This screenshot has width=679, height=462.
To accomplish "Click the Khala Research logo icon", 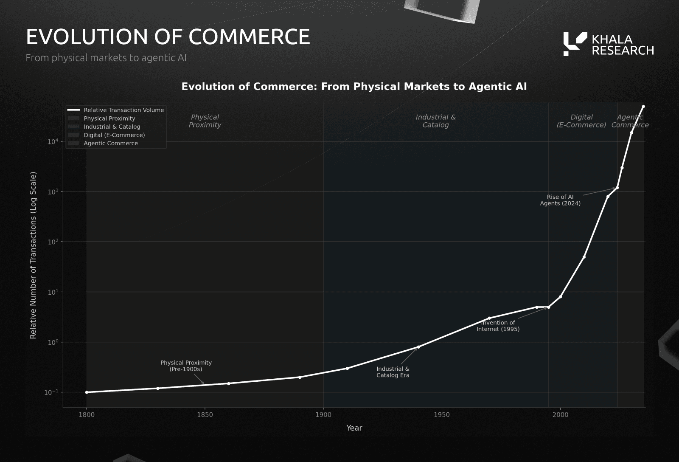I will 575,44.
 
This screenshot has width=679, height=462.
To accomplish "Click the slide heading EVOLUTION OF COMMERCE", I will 168,37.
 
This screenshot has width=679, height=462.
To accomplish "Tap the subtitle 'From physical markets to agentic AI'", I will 106,58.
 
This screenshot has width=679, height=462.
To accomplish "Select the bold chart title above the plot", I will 354,87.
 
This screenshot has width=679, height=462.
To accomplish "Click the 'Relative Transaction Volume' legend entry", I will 123,110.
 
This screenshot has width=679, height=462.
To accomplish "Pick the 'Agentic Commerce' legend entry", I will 110,143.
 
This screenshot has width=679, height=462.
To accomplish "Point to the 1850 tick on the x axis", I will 205,415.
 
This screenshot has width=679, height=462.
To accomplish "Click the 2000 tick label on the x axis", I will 560,415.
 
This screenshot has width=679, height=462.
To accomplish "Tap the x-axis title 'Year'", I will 354,428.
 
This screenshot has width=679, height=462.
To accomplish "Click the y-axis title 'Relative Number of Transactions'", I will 33,255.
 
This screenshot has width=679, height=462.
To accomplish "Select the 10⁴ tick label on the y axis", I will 53,142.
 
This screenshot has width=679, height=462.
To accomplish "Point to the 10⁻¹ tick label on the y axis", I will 51,392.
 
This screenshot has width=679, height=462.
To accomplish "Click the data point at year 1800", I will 87,392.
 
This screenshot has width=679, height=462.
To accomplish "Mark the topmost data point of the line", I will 643,107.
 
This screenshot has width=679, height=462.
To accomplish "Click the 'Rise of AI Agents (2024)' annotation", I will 560,200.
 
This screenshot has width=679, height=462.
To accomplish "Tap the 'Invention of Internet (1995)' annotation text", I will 498,326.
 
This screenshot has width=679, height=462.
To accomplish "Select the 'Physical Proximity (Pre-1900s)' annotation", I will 186,366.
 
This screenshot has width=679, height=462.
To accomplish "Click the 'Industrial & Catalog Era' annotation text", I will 393,372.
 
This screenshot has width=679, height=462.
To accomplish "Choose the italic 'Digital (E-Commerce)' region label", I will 581,121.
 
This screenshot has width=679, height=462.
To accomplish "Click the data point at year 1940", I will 418,347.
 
